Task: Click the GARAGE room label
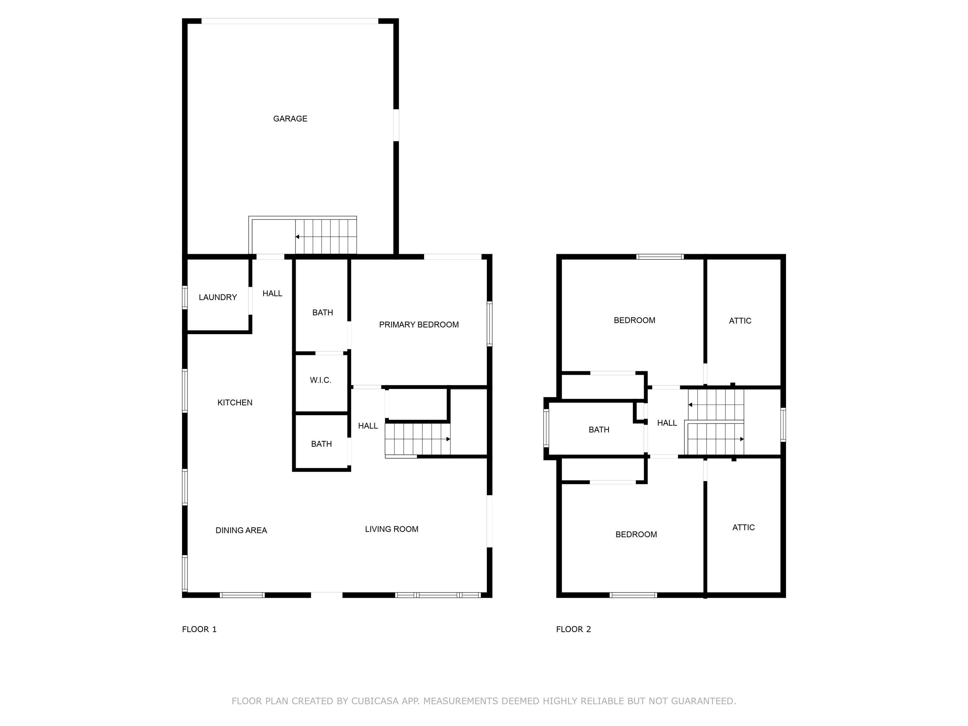click(x=290, y=119)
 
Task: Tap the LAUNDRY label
click(x=217, y=297)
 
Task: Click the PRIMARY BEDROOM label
click(x=419, y=325)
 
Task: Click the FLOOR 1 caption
click(x=199, y=629)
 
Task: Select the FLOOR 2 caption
click(x=573, y=629)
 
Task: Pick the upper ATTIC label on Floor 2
click(x=740, y=321)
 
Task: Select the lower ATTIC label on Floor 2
click(x=743, y=527)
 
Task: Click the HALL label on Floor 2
click(x=667, y=423)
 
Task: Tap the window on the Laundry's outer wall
click(x=185, y=297)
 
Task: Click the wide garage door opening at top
click(x=290, y=21)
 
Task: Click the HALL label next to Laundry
click(x=272, y=294)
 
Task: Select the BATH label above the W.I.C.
click(x=323, y=312)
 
